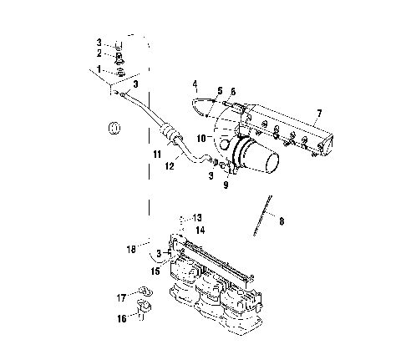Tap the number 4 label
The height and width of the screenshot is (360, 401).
[x=194, y=84]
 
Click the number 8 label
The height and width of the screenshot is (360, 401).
[x=282, y=221]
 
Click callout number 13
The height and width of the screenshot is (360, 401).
[x=198, y=216]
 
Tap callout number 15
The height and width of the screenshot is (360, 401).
[x=155, y=271]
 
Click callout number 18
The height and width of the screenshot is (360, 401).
[x=130, y=248]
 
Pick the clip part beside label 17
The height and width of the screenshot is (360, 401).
[x=143, y=292]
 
